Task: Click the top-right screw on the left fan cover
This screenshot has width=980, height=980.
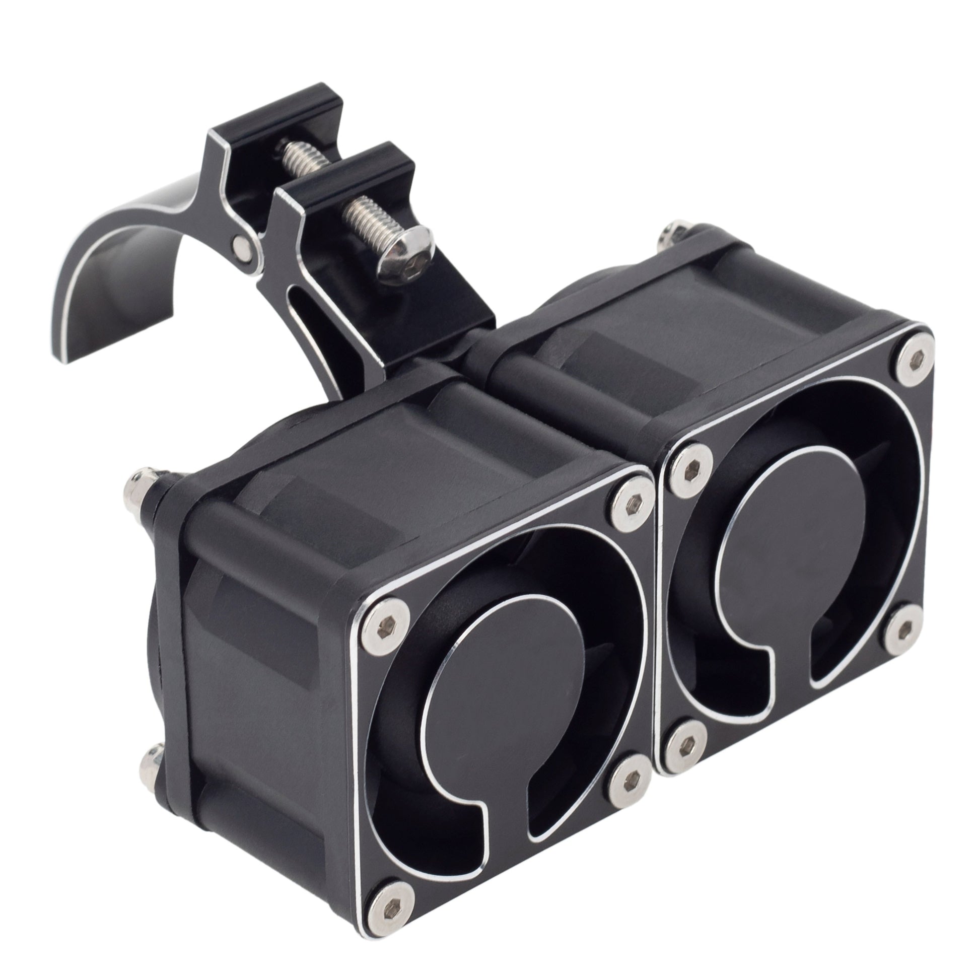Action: [x=629, y=502]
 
